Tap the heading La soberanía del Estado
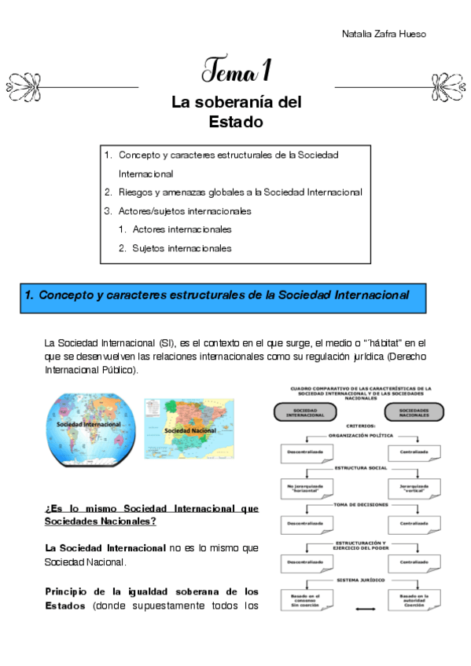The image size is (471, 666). [236, 112]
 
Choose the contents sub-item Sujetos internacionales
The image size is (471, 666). [182, 248]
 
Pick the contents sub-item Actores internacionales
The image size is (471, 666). [182, 229]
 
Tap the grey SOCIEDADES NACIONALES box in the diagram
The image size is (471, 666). [414, 412]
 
